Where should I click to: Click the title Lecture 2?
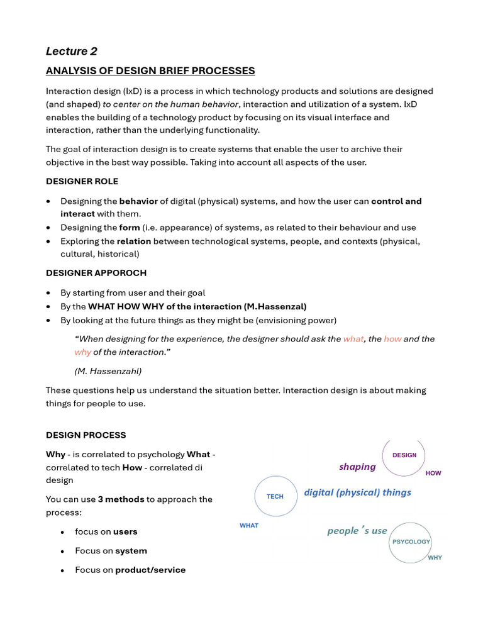tap(72, 51)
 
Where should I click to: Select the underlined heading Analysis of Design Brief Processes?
tap(150, 70)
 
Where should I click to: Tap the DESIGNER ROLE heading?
tap(82, 181)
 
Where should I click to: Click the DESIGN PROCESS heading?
tap(86, 435)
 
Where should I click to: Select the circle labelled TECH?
tap(275, 496)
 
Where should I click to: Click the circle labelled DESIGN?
tap(404, 455)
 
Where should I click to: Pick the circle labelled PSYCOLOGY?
tap(411, 541)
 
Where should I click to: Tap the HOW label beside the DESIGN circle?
tap(433, 473)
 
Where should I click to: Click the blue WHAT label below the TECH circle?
tap(249, 525)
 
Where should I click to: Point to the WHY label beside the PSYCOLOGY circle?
tap(435, 557)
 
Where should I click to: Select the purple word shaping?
tap(357, 467)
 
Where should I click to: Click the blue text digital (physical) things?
tap(357, 492)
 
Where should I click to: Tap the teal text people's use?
tap(357, 531)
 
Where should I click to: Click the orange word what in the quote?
tap(353, 339)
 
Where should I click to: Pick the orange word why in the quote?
tap(82, 352)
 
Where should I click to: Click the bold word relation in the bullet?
tap(133, 241)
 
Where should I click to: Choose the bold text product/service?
tap(150, 570)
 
